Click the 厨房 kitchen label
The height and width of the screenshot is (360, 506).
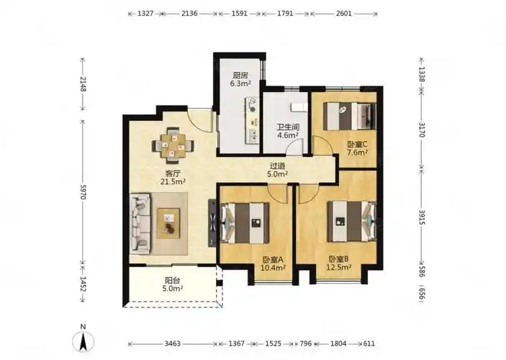[240, 76]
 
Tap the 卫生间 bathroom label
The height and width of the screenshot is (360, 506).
[288, 127]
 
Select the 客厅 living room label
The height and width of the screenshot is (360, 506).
[173, 174]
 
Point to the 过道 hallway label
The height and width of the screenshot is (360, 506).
[278, 166]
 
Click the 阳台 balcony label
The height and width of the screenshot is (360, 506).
[173, 281]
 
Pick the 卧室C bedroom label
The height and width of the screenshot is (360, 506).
[357, 144]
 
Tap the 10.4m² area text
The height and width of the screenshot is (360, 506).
[273, 268]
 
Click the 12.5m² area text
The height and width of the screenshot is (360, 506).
[339, 267]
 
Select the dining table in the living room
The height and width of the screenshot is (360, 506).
[173, 145]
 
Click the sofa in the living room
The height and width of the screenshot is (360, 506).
[140, 224]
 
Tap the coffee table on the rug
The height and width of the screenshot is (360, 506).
[168, 223]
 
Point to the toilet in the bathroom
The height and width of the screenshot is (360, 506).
[299, 107]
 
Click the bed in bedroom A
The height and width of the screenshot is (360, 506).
[245, 223]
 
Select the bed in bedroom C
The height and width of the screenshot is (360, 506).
[350, 116]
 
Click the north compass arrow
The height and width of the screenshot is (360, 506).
[83, 342]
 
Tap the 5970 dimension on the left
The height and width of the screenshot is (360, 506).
[83, 192]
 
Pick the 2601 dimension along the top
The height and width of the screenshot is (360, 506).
[343, 14]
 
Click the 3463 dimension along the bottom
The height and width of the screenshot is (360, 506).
[172, 343]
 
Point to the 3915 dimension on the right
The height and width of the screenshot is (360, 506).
[422, 217]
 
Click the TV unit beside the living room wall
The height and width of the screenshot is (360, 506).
[212, 223]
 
